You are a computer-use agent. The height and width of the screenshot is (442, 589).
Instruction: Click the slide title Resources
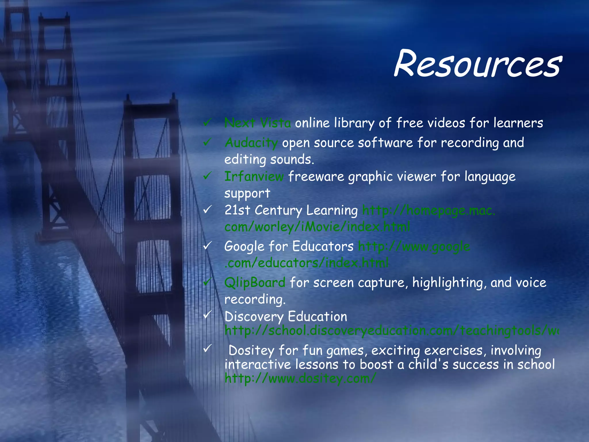[477, 64]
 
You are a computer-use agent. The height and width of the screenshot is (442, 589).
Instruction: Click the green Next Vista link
[257, 123]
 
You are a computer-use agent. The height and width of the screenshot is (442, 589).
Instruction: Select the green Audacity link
[251, 143]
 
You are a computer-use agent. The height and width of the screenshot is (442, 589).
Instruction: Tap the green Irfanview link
[254, 176]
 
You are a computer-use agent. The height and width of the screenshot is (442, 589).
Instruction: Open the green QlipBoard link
[255, 283]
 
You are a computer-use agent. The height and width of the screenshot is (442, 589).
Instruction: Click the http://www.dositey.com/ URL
[300, 378]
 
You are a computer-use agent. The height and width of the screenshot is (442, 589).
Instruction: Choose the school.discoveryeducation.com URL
[391, 331]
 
